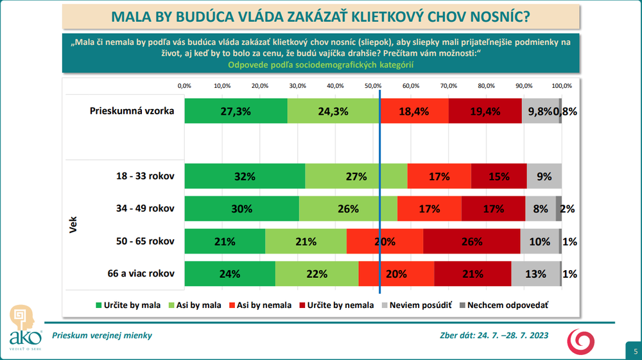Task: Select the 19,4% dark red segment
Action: coord(485,111)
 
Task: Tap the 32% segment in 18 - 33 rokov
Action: coord(245,176)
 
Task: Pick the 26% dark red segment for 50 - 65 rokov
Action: coord(472,241)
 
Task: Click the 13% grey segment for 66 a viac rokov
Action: coord(535,273)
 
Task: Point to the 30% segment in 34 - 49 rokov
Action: coord(241,209)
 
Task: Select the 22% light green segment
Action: coord(317,273)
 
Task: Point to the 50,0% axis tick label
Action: coord(373,85)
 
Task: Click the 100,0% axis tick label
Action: coord(562,85)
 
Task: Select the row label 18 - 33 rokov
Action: coord(143,176)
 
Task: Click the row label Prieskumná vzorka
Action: coord(132,111)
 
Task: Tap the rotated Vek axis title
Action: coord(73,225)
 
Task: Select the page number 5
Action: coord(635,351)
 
